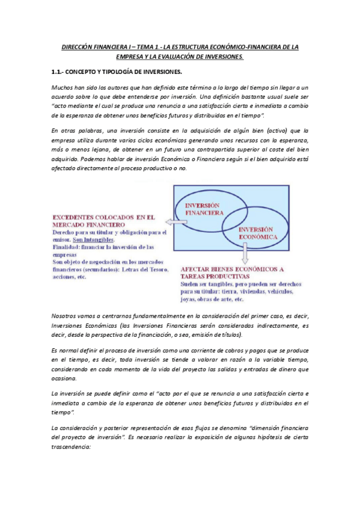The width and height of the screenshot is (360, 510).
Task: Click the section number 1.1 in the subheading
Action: tap(58, 72)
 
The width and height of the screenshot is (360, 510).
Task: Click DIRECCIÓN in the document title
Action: tap(84, 46)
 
